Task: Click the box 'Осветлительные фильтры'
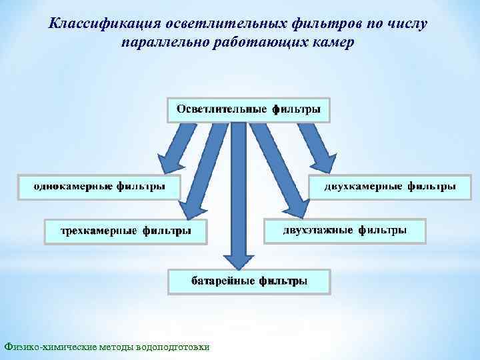248,109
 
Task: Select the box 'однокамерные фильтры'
99,186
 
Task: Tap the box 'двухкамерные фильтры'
389,186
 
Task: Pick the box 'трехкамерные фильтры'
125,231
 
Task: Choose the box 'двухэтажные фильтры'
345,231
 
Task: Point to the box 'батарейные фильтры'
249,281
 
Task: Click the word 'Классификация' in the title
99,24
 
